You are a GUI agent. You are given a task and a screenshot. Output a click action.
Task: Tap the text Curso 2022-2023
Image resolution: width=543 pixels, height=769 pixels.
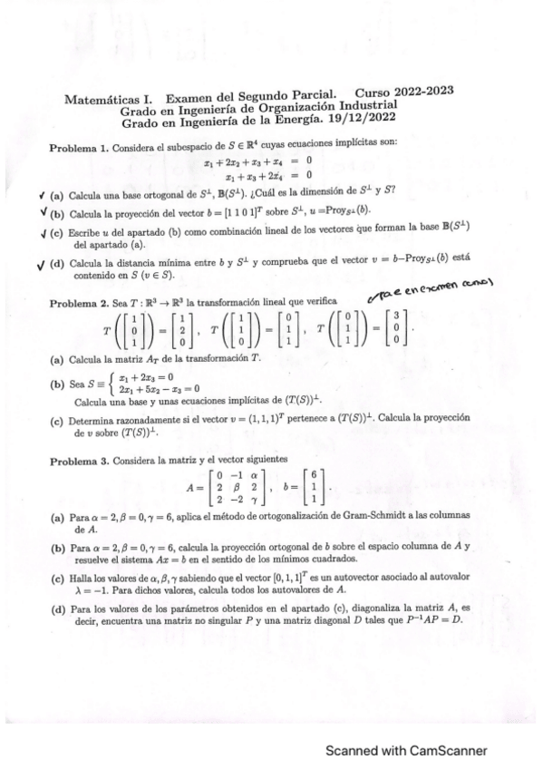coord(403,92)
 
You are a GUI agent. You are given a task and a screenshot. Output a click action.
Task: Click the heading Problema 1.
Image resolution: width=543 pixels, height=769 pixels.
coord(79,149)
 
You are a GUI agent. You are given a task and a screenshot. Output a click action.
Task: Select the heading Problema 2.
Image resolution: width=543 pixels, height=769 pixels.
coord(79,302)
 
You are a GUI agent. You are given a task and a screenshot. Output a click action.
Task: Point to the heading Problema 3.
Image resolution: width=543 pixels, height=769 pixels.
coord(79,461)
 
